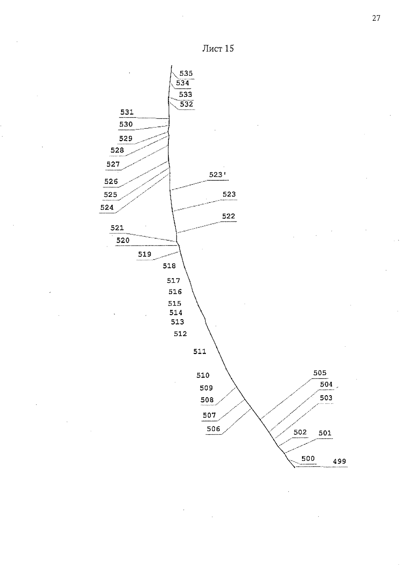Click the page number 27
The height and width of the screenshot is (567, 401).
click(376, 18)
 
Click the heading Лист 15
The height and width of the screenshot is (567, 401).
click(218, 48)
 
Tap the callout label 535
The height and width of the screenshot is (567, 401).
click(186, 74)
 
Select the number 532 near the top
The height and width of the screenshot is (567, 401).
click(186, 104)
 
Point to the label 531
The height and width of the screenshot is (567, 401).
click(127, 112)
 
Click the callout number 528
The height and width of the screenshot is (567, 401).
click(117, 150)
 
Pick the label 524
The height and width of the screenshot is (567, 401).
click(107, 208)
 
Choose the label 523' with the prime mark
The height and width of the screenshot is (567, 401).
click(218, 175)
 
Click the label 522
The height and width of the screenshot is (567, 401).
click(229, 216)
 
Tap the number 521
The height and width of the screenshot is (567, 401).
click(117, 228)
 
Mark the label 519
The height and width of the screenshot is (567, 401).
click(144, 254)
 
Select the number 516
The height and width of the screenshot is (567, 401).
click(175, 292)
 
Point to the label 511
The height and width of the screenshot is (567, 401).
click(199, 352)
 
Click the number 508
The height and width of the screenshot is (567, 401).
click(207, 400)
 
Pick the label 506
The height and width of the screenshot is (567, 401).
click(213, 429)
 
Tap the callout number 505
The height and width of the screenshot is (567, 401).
click(320, 373)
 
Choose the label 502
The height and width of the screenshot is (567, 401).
click(300, 432)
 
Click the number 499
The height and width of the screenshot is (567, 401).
click(339, 461)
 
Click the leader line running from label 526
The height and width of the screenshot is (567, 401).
click(144, 174)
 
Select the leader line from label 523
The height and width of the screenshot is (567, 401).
click(197, 205)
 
